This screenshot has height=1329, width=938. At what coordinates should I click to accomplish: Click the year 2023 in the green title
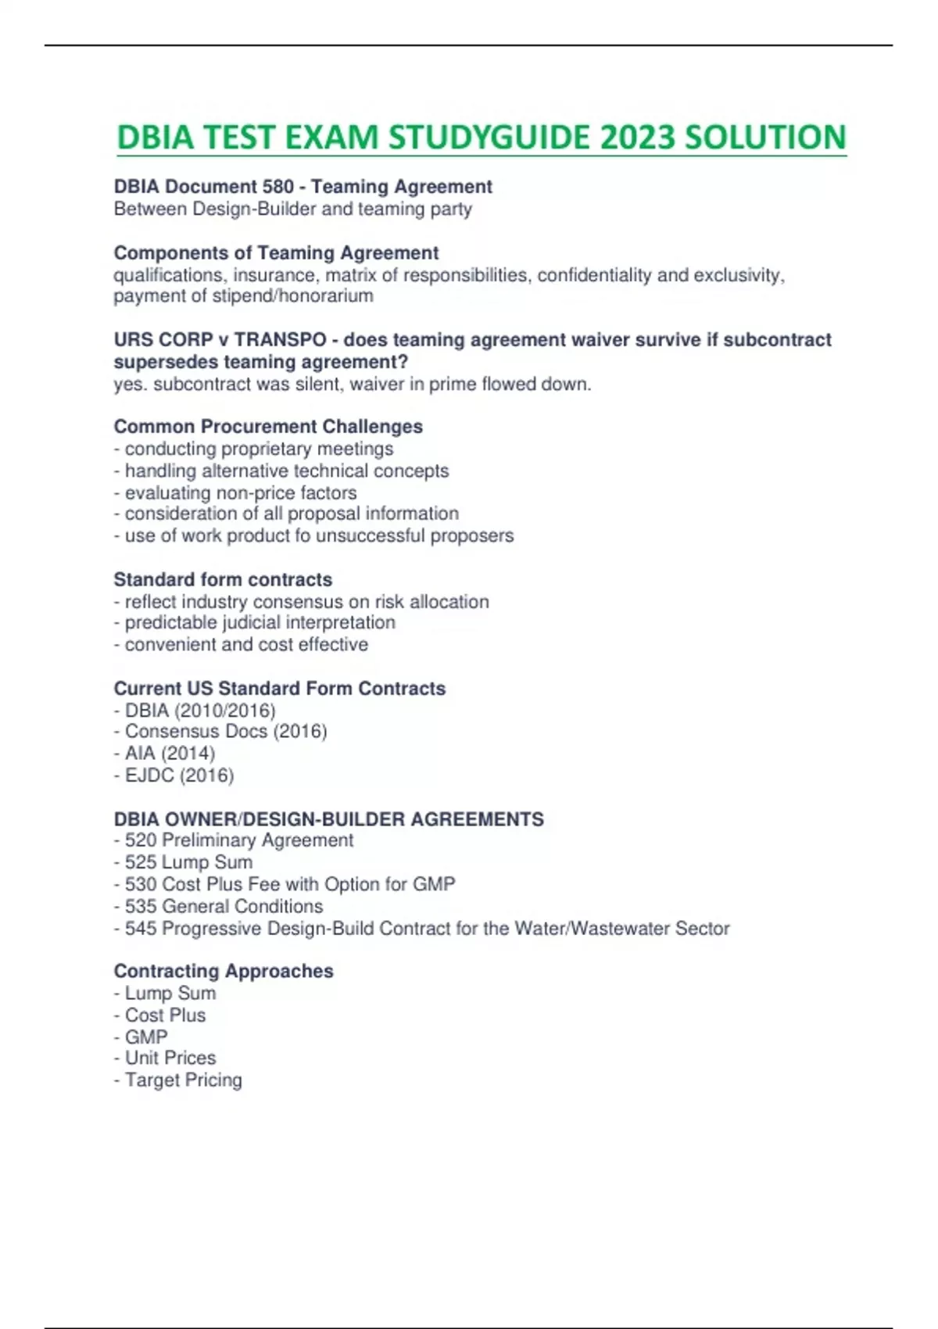click(639, 138)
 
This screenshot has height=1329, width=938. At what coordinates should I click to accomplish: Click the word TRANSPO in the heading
click(280, 340)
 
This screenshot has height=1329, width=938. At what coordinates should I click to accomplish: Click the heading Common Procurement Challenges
click(268, 427)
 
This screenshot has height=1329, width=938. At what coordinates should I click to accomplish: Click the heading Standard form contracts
click(223, 580)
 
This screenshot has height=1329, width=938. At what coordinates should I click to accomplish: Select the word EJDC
click(149, 776)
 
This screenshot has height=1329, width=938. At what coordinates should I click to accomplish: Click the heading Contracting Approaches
click(224, 971)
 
